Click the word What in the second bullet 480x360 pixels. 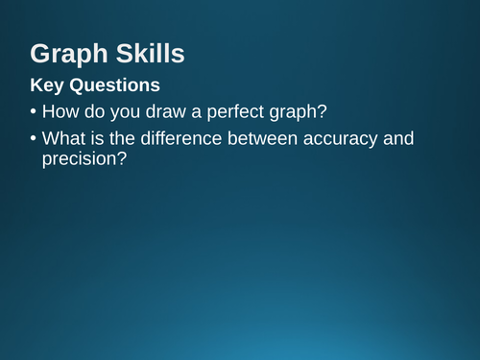click(x=65, y=139)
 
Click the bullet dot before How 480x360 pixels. click(x=33, y=111)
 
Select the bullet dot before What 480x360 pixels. click(x=33, y=139)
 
